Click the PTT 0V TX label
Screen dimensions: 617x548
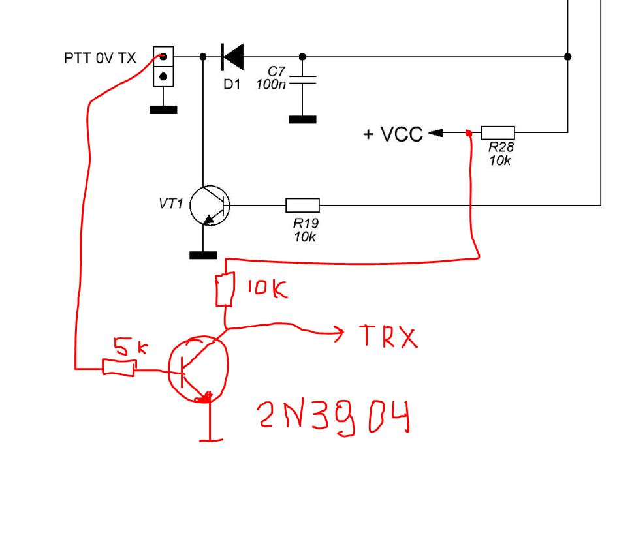(x=100, y=58)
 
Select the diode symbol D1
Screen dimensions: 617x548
(x=232, y=57)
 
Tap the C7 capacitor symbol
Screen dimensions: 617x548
(x=302, y=80)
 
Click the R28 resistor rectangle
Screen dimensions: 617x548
(x=498, y=133)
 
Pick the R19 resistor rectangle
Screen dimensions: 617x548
(x=302, y=205)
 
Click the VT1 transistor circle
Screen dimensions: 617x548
(x=210, y=205)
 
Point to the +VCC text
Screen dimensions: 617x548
(x=393, y=134)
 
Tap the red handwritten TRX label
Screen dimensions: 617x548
(x=388, y=337)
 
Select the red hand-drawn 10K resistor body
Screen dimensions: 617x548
(x=225, y=289)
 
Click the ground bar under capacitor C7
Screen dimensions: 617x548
(x=302, y=119)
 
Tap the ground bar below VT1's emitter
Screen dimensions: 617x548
(x=203, y=256)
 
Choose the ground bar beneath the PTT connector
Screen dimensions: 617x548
(x=163, y=110)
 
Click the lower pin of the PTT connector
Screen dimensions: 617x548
(x=163, y=77)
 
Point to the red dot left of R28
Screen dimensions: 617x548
(x=468, y=133)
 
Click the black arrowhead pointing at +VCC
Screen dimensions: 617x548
(x=435, y=133)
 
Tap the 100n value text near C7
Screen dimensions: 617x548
(x=271, y=84)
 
